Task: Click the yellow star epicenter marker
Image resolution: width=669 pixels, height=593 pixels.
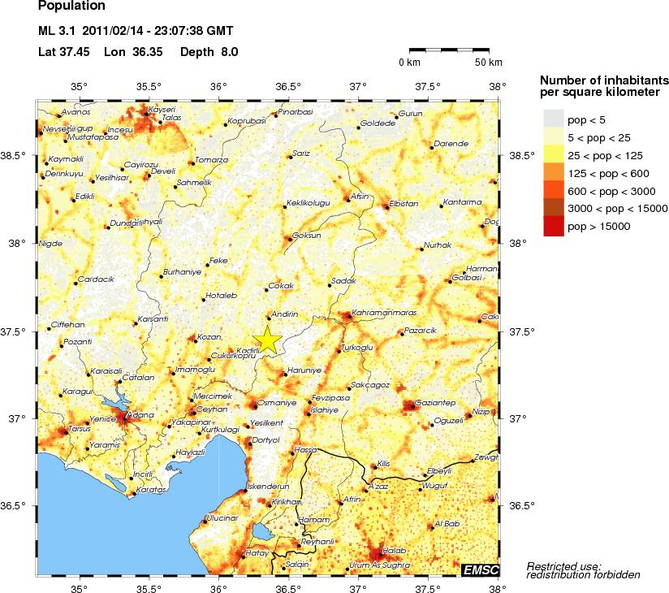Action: [x=267, y=341]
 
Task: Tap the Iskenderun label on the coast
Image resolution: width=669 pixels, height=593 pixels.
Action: [x=268, y=486]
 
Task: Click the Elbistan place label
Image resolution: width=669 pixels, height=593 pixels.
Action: [x=404, y=202]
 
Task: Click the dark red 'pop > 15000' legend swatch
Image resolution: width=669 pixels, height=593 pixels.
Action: [x=553, y=227]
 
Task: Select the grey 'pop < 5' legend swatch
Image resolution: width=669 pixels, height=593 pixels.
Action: [x=553, y=119]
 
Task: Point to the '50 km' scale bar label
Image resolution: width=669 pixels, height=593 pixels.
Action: [x=489, y=63]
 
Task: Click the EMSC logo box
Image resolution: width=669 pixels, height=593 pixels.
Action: [x=481, y=570]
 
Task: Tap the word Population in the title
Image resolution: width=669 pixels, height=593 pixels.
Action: [x=71, y=6]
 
